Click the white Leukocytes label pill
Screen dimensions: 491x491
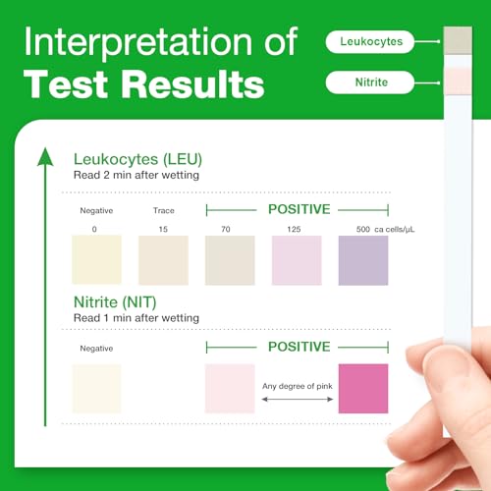pos(370,41)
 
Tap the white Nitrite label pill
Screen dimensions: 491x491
pos(370,83)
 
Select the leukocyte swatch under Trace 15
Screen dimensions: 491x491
pos(163,259)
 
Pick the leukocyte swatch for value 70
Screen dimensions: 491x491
pos(230,259)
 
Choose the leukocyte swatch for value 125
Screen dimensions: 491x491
pos(297,259)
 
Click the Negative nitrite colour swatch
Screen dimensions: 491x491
pos(97,389)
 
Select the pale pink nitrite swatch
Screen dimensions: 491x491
pos(230,389)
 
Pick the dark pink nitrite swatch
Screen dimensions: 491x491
pos(363,389)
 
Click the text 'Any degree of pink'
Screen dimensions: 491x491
pos(300,385)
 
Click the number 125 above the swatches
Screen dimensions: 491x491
pos(296,229)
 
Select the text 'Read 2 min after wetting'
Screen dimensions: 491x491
pos(136,175)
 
